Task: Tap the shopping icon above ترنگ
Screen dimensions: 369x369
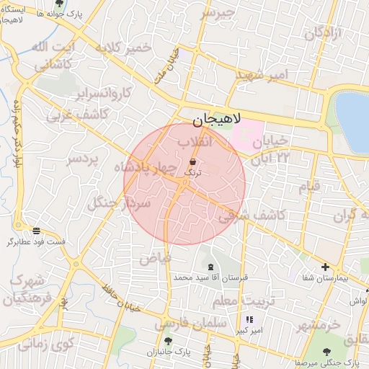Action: pos(193,161)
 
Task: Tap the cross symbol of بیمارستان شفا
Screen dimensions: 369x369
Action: pos(325,267)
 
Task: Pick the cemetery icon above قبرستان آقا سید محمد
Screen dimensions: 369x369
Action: pos(210,267)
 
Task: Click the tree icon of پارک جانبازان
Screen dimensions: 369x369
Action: pos(168,341)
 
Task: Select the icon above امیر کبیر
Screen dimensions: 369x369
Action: pos(249,320)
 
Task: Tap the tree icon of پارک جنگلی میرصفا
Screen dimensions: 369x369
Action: pos(328,352)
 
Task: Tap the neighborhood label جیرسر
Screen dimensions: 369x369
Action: pos(218,13)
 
